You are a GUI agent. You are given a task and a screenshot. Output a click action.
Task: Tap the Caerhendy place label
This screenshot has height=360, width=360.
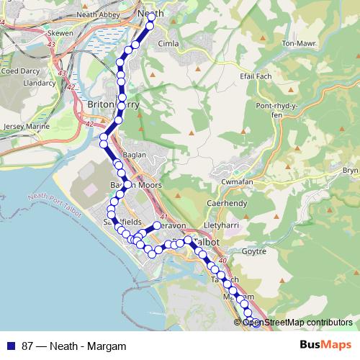[228, 204]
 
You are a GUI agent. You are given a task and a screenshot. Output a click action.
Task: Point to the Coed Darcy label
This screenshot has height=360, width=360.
[21, 71]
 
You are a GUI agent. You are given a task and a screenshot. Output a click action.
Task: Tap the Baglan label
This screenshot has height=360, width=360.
[134, 155]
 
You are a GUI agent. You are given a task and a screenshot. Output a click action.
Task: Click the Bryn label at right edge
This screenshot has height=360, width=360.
[350, 170]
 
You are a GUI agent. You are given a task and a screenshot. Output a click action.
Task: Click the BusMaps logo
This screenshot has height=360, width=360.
[329, 346]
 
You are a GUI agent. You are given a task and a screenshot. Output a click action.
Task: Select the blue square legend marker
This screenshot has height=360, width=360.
[9, 346]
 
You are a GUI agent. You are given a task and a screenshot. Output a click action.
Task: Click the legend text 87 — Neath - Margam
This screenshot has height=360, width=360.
[69, 346]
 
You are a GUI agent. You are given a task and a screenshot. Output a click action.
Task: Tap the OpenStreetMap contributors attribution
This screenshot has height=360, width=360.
[297, 323]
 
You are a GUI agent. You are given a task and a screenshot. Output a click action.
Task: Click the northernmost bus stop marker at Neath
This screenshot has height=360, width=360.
[150, 26]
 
